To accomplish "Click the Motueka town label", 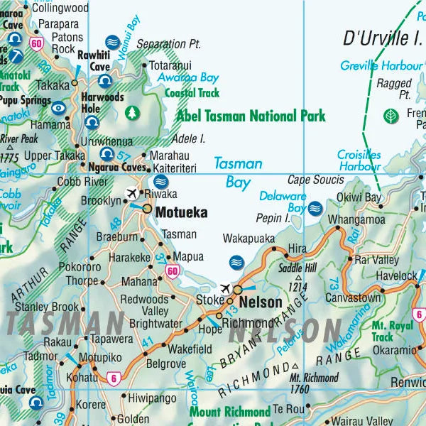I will (x=181, y=212).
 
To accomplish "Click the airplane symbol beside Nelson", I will (x=226, y=288).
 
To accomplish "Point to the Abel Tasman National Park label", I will (x=251, y=116).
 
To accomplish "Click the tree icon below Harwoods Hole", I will (x=131, y=112).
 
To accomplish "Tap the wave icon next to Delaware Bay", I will (x=315, y=208).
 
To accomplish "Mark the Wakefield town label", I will (x=190, y=349).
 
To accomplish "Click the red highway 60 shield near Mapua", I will (x=172, y=271).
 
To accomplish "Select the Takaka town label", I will (x=53, y=84).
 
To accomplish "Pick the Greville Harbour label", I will (x=381, y=66).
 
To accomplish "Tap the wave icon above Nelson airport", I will (x=237, y=263).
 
